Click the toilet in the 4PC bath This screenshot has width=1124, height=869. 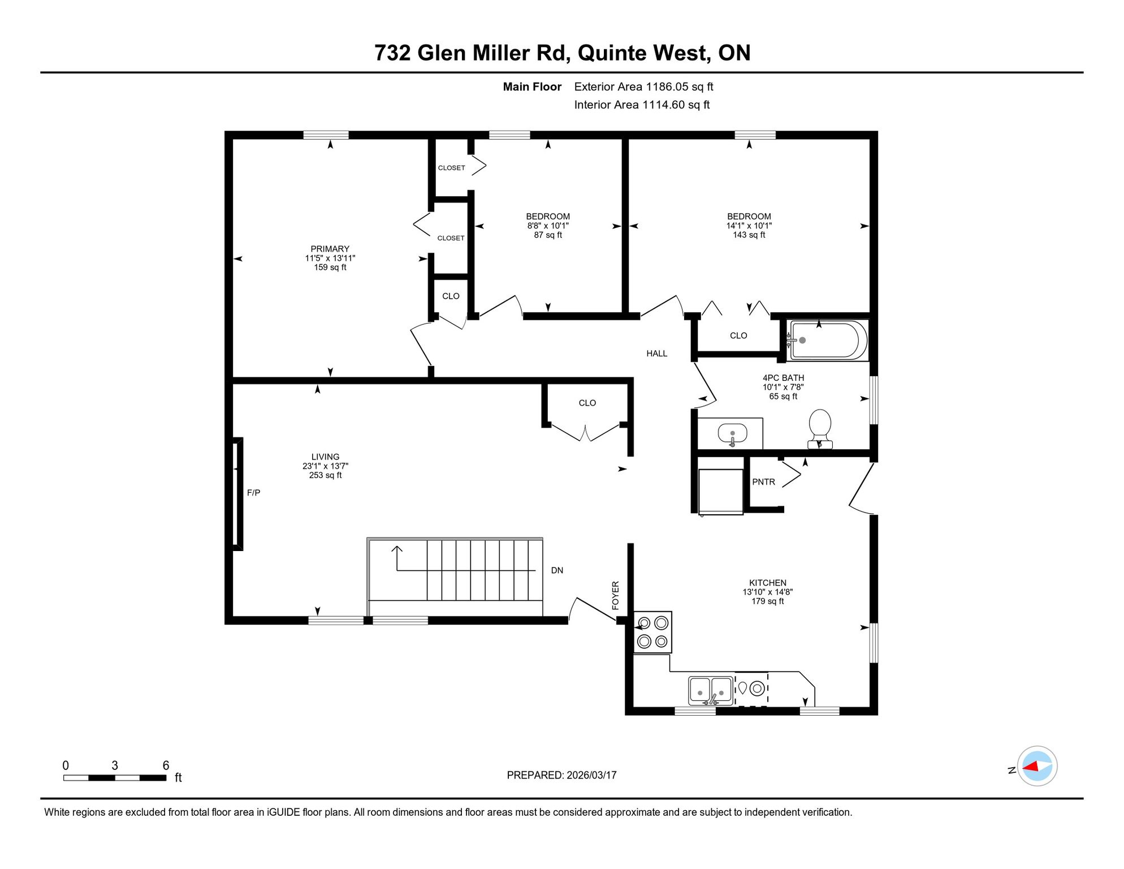coord(820,429)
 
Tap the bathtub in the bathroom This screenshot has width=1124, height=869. coord(828,340)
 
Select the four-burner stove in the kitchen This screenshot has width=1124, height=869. coord(653,633)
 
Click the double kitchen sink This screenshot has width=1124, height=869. coord(711,690)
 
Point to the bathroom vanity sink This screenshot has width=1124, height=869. coord(732,434)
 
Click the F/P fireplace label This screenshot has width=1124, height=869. coord(253,493)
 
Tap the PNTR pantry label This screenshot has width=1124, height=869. coord(763,482)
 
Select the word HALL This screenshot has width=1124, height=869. coord(657,354)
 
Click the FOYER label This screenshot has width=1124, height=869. coord(616,595)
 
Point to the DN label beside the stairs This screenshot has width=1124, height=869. coord(557,570)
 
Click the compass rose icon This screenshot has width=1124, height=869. coord(1037,766)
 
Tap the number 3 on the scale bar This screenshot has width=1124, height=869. coord(115,765)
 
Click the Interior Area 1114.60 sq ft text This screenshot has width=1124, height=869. coord(642,105)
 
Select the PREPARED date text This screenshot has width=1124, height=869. coord(561,775)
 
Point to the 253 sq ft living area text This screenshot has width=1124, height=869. coord(325,475)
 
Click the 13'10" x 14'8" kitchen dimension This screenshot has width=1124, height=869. coord(767,592)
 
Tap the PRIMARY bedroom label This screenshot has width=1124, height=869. coord(330,249)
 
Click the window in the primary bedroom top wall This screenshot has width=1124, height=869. coord(326,135)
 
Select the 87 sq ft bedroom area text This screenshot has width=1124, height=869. coord(548,235)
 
